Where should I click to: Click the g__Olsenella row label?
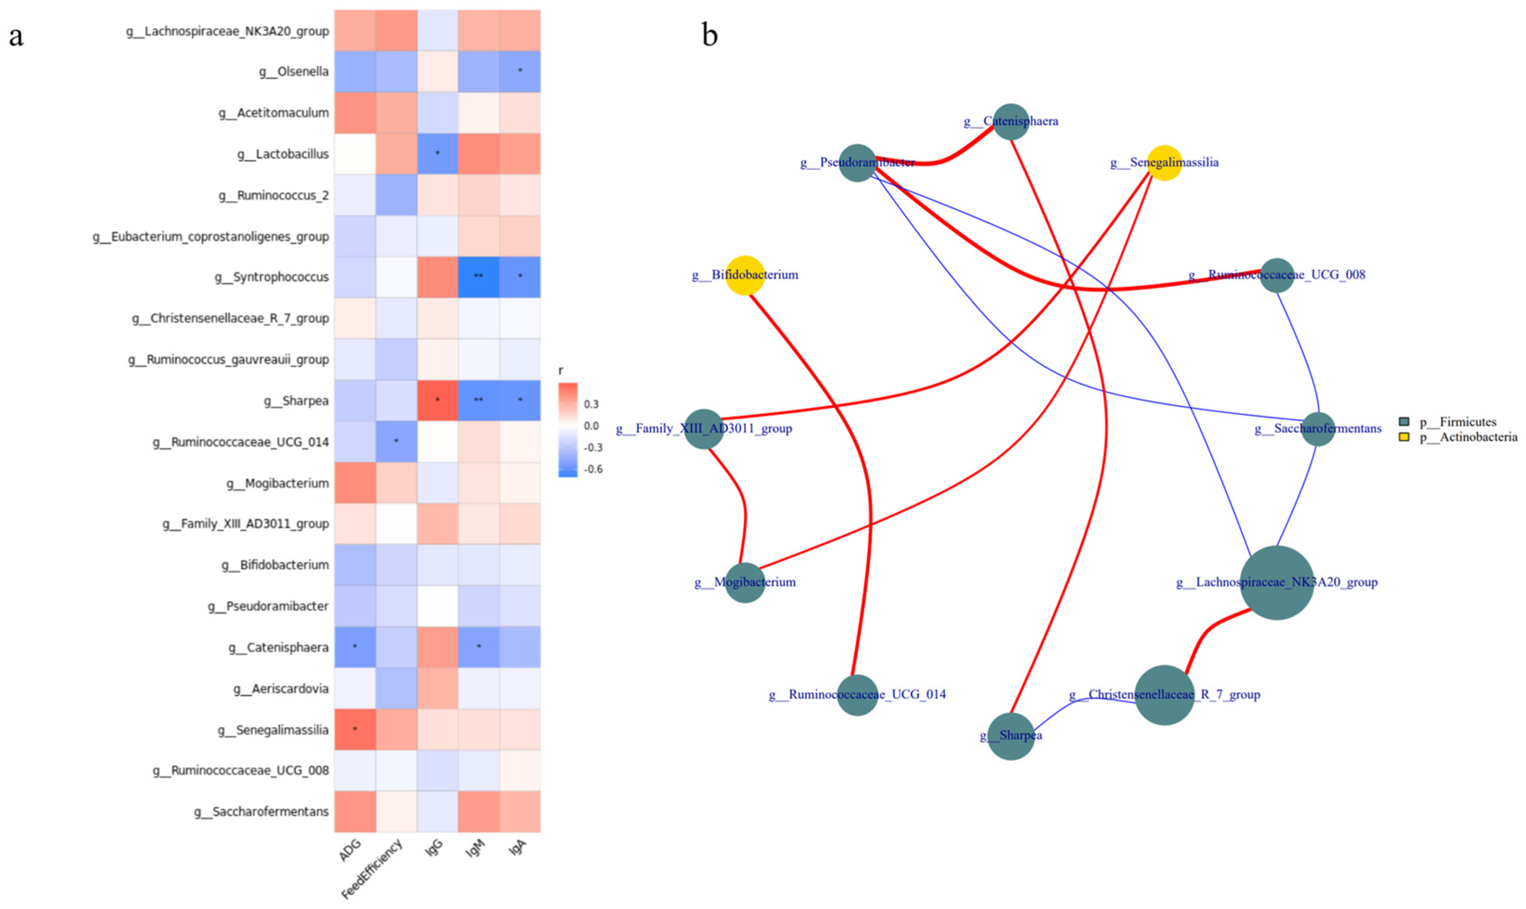(294, 72)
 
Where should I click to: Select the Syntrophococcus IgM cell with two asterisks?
(478, 277)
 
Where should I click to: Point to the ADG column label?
(350, 851)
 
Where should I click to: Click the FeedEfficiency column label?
(372, 869)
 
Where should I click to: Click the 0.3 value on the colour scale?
(591, 404)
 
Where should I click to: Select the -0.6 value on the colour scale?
(592, 469)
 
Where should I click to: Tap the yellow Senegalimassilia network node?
(1164, 163)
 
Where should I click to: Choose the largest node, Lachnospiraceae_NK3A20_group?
(1277, 582)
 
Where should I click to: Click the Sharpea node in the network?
(1011, 735)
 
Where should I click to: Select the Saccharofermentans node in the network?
(1318, 429)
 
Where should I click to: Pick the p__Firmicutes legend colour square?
(1405, 422)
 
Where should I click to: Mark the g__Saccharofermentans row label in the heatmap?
(262, 811)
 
